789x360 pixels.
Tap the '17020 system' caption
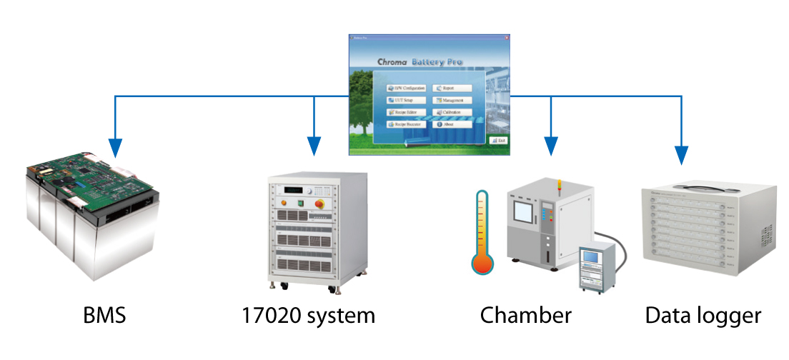(308, 316)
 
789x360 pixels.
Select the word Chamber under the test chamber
(525, 316)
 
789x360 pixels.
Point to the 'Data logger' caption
(703, 316)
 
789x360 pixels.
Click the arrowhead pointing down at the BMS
(114, 149)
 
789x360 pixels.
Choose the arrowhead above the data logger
(681, 154)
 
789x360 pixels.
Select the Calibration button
(454, 112)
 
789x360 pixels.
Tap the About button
(454, 124)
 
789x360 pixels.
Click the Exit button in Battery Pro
(498, 141)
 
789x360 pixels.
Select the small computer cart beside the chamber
(595, 265)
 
